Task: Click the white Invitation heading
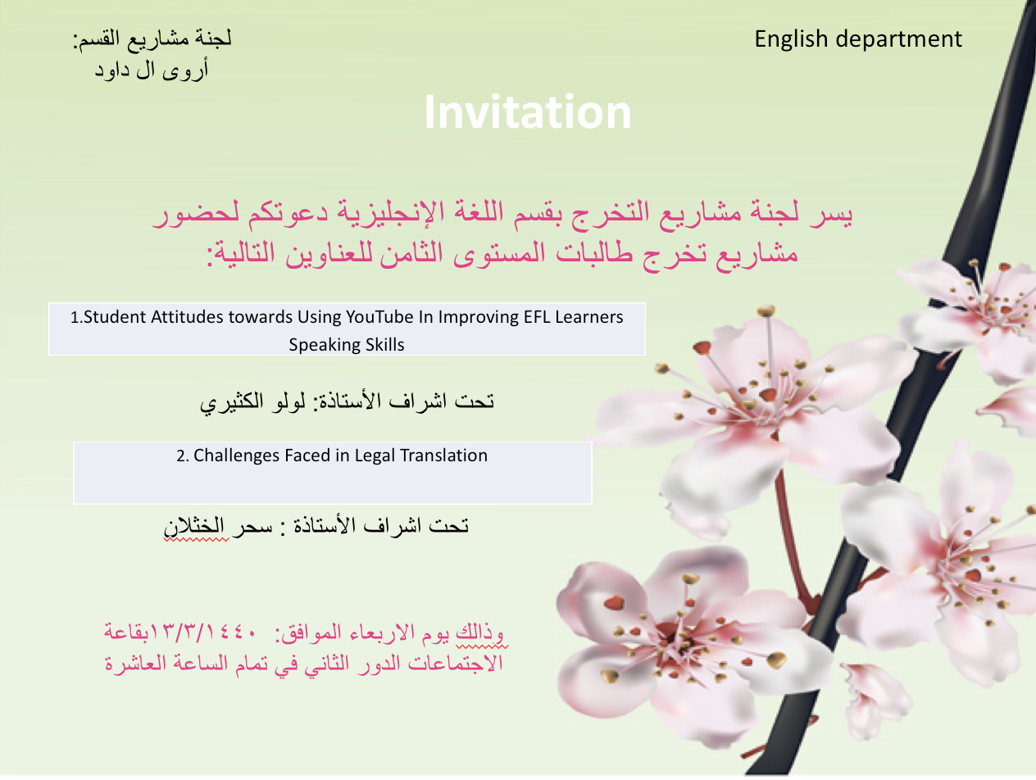click(x=527, y=112)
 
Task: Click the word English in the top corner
click(x=791, y=39)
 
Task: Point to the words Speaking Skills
click(x=347, y=345)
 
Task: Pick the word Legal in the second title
click(x=375, y=456)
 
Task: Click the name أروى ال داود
click(x=152, y=70)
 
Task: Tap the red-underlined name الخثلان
click(x=197, y=526)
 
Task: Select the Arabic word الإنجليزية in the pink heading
click(x=391, y=213)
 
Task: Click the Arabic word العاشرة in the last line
click(x=134, y=664)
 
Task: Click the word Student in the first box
click(x=115, y=317)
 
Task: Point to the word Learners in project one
click(x=589, y=317)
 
